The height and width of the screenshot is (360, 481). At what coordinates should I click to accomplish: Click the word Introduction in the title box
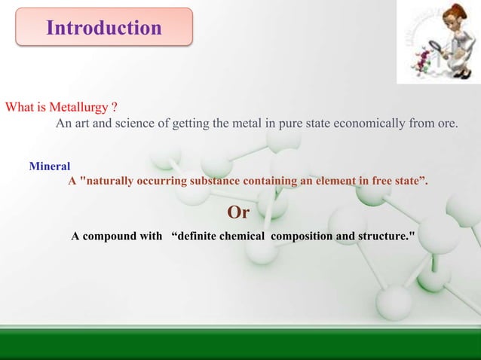(104, 29)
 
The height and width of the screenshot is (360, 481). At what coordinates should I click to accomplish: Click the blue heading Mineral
(50, 166)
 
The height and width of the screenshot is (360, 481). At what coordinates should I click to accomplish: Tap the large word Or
(238, 212)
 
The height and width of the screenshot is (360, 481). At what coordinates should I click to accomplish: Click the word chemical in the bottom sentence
(241, 236)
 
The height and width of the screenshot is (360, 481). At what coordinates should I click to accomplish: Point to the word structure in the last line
(380, 236)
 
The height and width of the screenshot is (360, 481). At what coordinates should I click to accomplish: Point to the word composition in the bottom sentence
(302, 236)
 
